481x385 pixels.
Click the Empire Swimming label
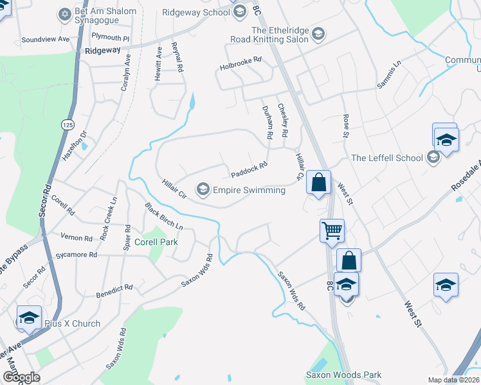(249, 190)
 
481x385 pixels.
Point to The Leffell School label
(387, 158)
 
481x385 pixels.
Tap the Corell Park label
(156, 242)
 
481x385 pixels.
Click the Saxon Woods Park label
(343, 375)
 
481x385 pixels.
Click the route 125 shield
(68, 123)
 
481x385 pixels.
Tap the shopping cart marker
(332, 230)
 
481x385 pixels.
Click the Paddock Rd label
(249, 170)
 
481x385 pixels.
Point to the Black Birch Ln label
(164, 217)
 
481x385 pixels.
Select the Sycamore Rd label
(77, 255)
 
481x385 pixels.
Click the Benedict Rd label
(114, 287)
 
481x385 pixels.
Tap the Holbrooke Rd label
(241, 59)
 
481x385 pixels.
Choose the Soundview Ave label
(45, 39)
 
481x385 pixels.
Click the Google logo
(21, 377)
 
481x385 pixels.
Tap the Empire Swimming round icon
(203, 188)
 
